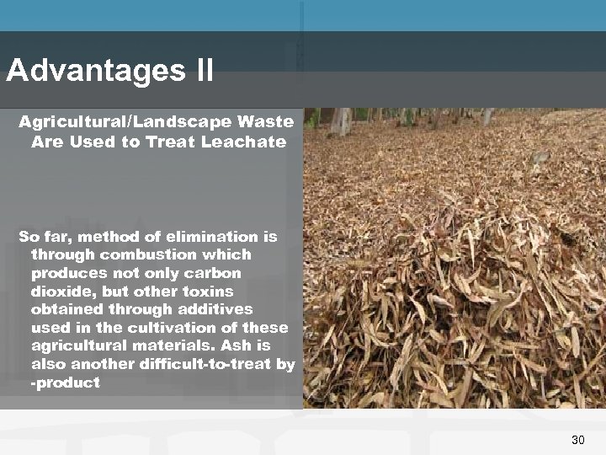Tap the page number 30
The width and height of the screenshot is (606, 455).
coord(577,440)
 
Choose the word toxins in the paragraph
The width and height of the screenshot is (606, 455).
coord(208,292)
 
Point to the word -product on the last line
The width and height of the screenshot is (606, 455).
coord(66,383)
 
